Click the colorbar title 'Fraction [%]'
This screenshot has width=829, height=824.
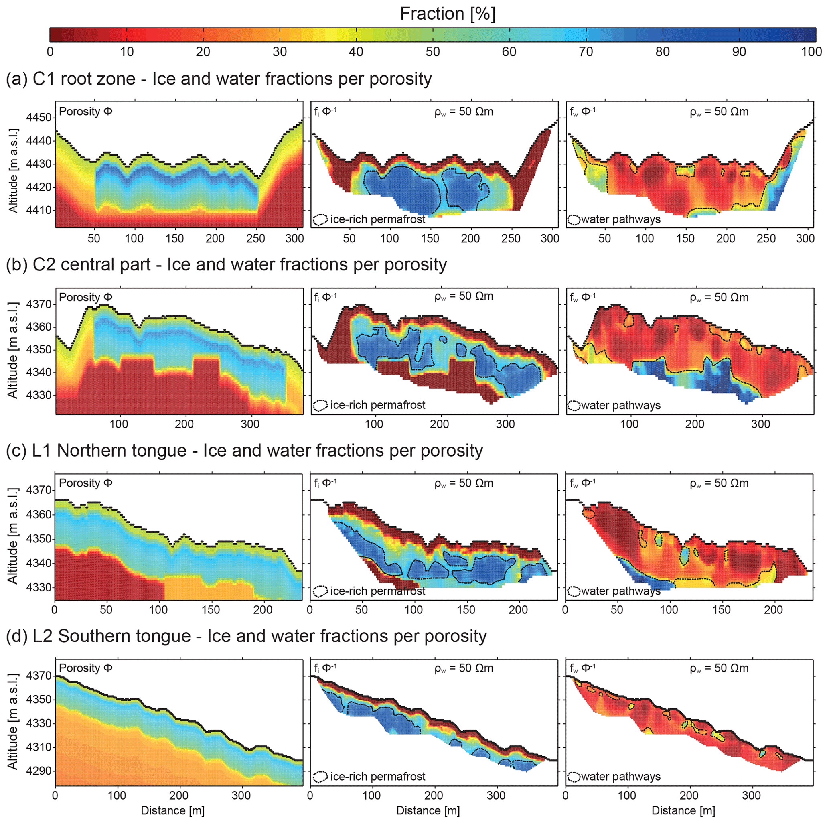447,14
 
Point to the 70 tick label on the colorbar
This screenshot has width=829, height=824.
586,52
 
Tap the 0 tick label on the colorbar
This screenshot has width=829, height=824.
50,52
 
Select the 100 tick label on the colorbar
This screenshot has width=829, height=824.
811,52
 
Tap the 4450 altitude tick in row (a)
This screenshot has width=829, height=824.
39,118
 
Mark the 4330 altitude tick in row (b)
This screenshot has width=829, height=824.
39,395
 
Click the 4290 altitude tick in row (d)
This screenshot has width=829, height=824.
39,771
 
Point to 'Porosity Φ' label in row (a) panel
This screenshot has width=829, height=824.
85,112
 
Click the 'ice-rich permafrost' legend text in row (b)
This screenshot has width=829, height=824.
377,405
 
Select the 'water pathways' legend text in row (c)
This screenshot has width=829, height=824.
620,591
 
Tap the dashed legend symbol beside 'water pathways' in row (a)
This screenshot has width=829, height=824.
573,220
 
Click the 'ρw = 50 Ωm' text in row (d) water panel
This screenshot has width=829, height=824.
719,668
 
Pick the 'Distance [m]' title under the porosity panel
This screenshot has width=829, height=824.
172,810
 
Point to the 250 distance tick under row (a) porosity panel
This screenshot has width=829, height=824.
255,239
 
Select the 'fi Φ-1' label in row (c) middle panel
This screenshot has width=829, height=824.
325,483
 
